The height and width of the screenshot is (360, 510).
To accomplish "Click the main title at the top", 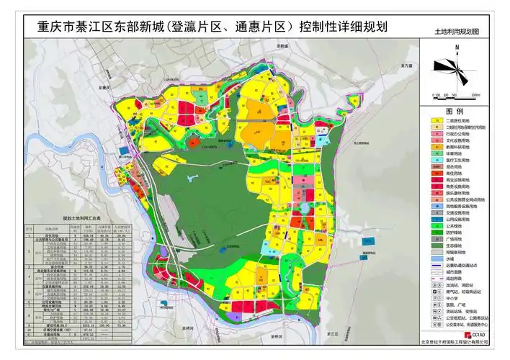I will point(206,27).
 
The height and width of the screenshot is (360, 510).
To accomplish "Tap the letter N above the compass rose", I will point(457,47).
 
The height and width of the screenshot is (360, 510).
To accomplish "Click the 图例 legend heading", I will point(455,111).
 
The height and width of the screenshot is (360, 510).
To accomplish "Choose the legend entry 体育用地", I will point(457,153).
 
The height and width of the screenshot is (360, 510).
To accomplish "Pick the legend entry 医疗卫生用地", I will point(462,160).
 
